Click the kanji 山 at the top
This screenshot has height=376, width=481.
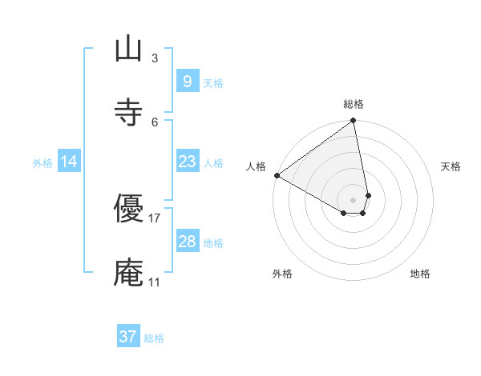128,50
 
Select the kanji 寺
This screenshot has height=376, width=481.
128,112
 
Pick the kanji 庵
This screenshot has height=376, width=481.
128,273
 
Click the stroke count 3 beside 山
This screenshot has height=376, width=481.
155,58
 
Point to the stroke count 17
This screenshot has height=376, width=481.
155,218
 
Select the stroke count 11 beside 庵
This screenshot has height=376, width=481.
155,282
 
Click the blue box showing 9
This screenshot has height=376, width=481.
187,81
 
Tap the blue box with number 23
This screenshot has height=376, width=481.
187,162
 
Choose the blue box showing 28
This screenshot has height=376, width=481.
187,242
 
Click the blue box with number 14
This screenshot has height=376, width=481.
69,162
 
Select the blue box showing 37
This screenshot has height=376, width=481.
127,337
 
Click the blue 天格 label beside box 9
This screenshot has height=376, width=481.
213,82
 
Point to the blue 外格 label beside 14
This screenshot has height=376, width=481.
42,163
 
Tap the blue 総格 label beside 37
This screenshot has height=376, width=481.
154,338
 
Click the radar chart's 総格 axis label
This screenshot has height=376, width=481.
354,104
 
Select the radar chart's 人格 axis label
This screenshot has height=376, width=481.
256,166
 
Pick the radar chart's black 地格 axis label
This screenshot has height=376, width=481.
420,274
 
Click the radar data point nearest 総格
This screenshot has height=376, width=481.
353,122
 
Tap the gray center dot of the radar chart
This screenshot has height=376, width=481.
353,199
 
